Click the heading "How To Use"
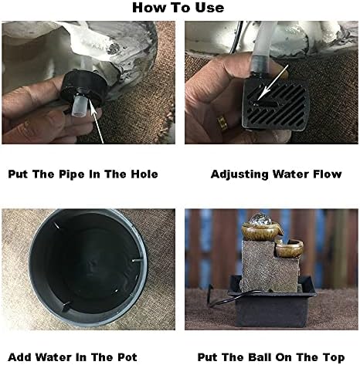(x=178, y=8)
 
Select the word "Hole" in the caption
(x=144, y=174)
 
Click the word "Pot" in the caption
(x=127, y=357)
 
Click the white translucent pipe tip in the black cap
(x=79, y=106)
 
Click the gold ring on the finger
(x=222, y=123)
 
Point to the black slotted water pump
(x=275, y=104)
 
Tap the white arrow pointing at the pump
(x=273, y=83)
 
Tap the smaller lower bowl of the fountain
(x=289, y=248)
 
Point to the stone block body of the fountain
(x=269, y=265)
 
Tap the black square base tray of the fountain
(x=272, y=309)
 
